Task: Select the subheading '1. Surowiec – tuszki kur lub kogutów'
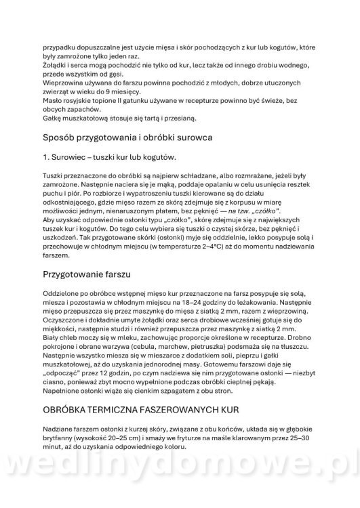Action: tap(109, 157)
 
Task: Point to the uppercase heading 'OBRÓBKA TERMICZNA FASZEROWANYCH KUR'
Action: tap(151, 411)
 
